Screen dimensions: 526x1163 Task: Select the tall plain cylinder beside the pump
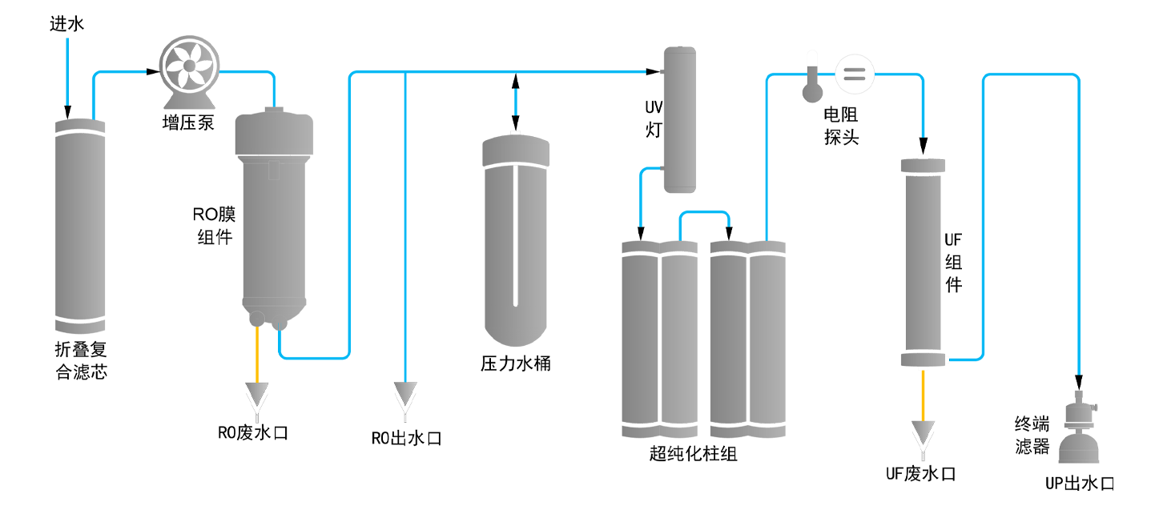[79, 224]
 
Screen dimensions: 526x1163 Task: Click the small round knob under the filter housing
[256, 319]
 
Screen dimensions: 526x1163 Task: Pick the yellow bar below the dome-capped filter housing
[223, 351]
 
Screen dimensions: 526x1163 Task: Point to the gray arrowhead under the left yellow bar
[257, 393]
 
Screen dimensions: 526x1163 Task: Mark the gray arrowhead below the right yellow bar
[923, 432]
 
